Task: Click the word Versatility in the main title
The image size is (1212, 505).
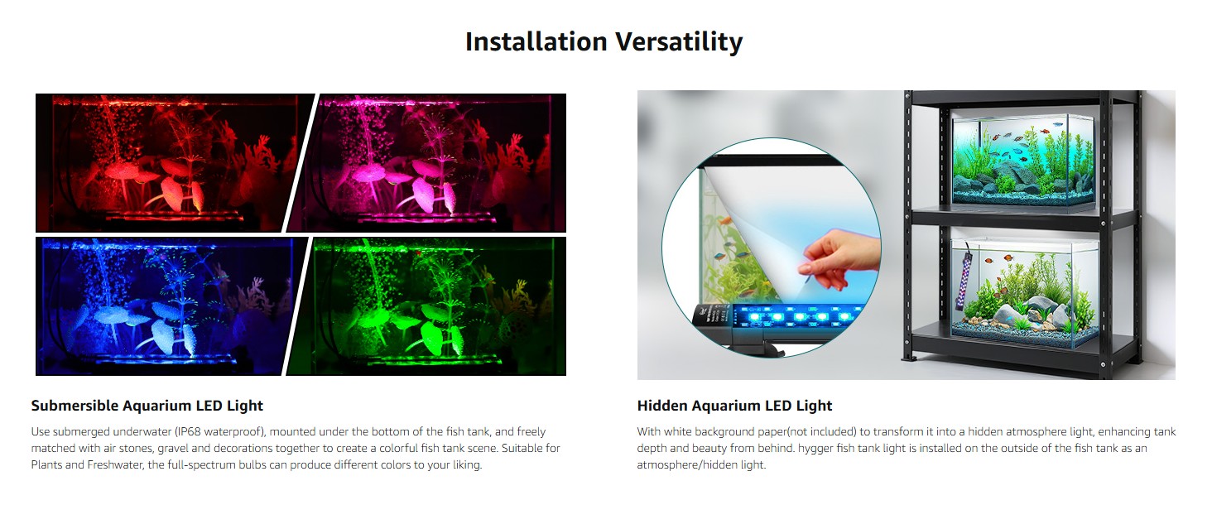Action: tap(679, 42)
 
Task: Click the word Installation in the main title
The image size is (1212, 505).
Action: tap(536, 41)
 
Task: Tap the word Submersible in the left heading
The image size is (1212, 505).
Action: tap(75, 406)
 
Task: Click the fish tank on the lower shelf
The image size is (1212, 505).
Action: tap(1024, 292)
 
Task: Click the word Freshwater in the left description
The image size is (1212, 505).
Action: tap(114, 464)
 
